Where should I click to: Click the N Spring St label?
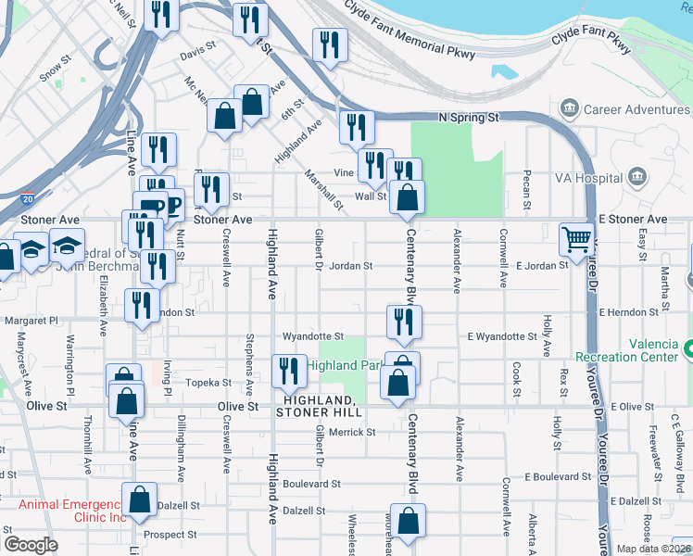pos(468,118)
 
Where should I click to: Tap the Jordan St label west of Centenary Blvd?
pos(351,266)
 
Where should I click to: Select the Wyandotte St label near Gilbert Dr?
pos(313,336)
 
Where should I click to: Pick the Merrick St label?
pos(351,432)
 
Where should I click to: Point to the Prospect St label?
pos(170,535)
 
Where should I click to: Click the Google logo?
pos(31,544)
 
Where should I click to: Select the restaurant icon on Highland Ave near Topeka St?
pos(288,372)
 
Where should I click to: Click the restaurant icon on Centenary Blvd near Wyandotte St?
pos(404,322)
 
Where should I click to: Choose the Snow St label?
pos(55,70)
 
